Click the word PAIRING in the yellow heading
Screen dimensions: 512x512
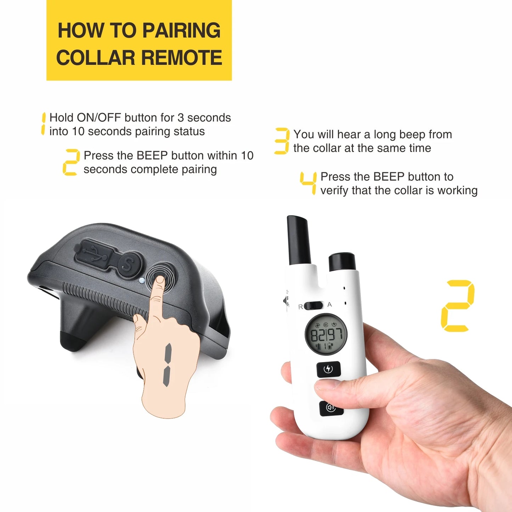coord(181,30)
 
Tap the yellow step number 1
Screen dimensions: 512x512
coord(43,124)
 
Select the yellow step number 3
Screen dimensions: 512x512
coord(282,141)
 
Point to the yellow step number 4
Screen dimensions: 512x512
coord(309,183)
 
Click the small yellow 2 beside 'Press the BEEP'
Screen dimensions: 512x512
coord(71,162)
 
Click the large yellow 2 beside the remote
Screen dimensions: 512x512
coord(457,306)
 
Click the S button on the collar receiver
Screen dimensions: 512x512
coord(129,264)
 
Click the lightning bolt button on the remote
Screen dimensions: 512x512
coord(328,369)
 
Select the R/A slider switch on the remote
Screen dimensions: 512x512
coord(313,305)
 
